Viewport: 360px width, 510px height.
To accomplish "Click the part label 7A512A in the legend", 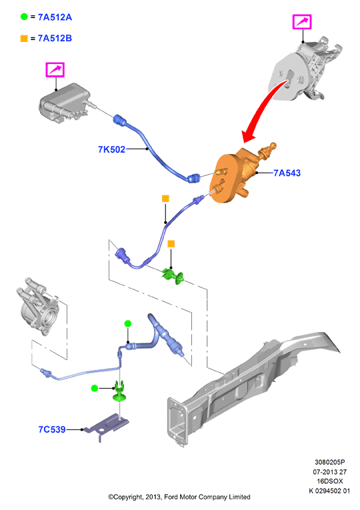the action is coord(55,17).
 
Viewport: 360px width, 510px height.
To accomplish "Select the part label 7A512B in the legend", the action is coord(55,39).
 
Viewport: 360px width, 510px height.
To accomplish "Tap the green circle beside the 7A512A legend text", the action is coord(24,17).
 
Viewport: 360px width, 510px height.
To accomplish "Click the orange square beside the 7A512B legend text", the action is coord(24,39).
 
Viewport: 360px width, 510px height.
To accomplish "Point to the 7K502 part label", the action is coord(111,149).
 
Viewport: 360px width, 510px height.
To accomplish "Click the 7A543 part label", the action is coord(287,173).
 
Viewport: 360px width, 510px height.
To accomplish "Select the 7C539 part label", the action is coord(52,429).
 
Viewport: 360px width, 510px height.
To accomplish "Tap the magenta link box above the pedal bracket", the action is coord(302,22).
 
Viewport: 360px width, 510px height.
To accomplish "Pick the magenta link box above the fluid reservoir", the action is coord(55,69).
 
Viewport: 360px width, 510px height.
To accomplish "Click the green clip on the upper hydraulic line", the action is coord(173,277).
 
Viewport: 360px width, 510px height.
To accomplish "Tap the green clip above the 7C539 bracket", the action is coord(120,391).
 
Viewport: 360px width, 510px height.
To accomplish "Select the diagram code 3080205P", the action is coord(329,462).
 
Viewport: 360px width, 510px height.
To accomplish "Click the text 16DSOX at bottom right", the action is coord(330,481).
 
